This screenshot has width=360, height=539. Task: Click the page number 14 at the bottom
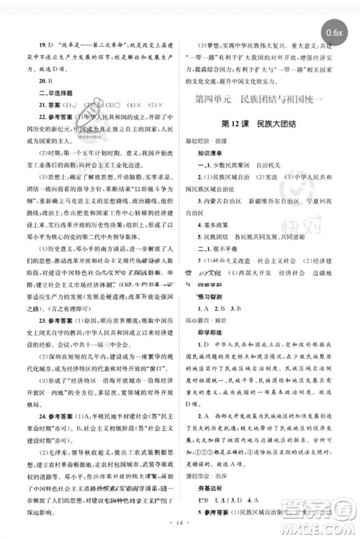[x=180, y=530]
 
